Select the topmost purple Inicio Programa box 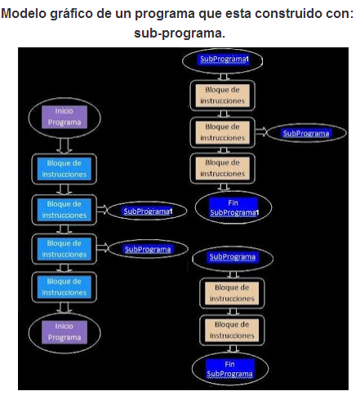pos(64,117)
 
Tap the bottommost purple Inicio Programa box pos(64,331)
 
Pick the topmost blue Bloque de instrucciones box pos(64,168)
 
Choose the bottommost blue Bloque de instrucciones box pos(64,287)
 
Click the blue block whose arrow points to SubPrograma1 pos(64,209)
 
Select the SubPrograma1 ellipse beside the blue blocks pos(148,211)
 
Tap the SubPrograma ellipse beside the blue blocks pos(147,249)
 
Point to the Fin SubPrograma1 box pos(233,207)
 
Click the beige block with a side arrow pos(223,132)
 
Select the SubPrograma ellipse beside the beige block pos(306,133)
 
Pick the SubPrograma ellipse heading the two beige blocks pos(233,256)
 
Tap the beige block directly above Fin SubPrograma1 pos(223,168)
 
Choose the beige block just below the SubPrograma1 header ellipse pos(223,96)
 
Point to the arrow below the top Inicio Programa pos(64,144)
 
